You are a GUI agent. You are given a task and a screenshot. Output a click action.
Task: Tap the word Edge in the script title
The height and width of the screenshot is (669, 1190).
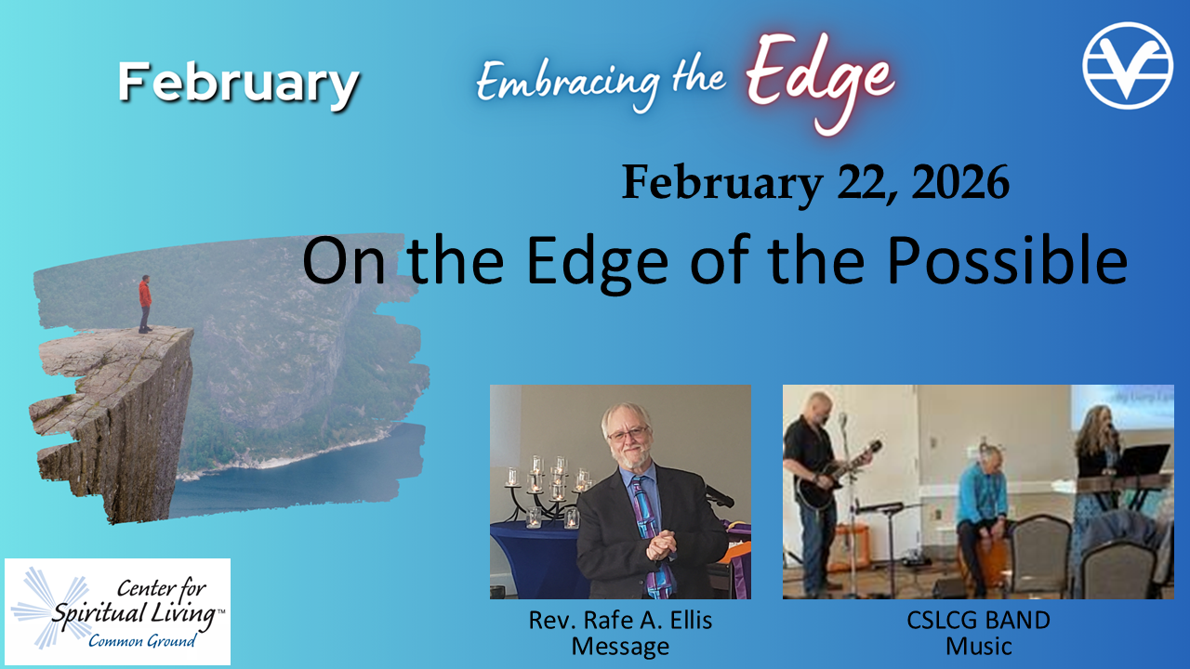821,80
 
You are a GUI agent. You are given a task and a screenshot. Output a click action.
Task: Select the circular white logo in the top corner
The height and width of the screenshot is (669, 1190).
1128,65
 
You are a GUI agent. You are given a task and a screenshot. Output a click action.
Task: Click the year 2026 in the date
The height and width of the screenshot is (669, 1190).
960,182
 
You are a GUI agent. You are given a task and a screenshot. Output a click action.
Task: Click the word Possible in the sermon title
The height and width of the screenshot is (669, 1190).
1007,261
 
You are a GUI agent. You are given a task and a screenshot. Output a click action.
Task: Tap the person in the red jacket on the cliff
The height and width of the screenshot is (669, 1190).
145,304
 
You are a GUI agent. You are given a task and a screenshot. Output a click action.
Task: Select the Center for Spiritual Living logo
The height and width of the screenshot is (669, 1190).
117,611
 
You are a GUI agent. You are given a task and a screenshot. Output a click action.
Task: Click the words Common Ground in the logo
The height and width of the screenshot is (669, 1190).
142,641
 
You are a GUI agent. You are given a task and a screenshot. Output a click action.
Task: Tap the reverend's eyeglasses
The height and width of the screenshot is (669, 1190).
628,435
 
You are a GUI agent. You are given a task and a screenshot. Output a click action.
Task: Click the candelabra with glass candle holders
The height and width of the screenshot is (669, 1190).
548,492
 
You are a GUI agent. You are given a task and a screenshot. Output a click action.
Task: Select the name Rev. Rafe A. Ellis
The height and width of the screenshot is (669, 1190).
620,620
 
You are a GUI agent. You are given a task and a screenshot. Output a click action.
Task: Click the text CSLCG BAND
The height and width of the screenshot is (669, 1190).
978,620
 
